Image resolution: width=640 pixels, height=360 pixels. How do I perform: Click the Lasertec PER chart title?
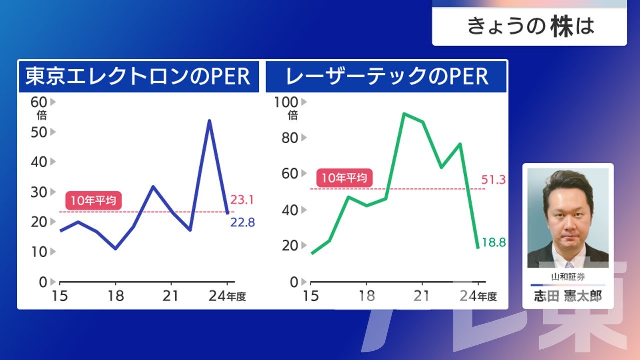pos(387,76)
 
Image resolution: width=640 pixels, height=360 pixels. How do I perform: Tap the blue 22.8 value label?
pos(243,222)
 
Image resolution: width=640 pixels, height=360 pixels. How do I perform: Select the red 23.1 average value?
pos(242,200)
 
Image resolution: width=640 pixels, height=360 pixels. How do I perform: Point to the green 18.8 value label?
pos(494,242)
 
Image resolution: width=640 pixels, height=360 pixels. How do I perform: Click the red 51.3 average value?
pos(493,180)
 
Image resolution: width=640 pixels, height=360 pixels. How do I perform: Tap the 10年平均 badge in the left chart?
pos(93,201)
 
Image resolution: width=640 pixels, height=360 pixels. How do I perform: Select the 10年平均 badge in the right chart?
pos(344,178)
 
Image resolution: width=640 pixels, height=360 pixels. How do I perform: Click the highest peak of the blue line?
pos(209,121)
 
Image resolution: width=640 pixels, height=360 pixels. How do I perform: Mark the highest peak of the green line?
pos(404,114)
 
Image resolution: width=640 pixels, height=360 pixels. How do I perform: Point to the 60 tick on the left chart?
pos(39,102)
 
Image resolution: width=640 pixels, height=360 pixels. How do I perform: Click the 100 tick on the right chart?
pos(286,102)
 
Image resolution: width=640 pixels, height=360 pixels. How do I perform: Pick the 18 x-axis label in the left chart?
pos(116,296)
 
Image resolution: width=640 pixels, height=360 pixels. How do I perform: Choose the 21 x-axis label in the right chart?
pos(421,296)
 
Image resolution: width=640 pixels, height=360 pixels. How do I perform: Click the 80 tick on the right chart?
pos(290,138)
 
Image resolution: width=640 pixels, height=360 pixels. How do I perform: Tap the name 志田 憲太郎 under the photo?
pos(568,296)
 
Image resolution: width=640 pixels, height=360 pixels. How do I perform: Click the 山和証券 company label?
pos(568,277)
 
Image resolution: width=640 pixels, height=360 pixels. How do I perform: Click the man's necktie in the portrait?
pos(569,265)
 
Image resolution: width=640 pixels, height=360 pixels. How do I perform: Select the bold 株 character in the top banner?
pos(562,26)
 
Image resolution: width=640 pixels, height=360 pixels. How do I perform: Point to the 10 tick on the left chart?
pos(39,252)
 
